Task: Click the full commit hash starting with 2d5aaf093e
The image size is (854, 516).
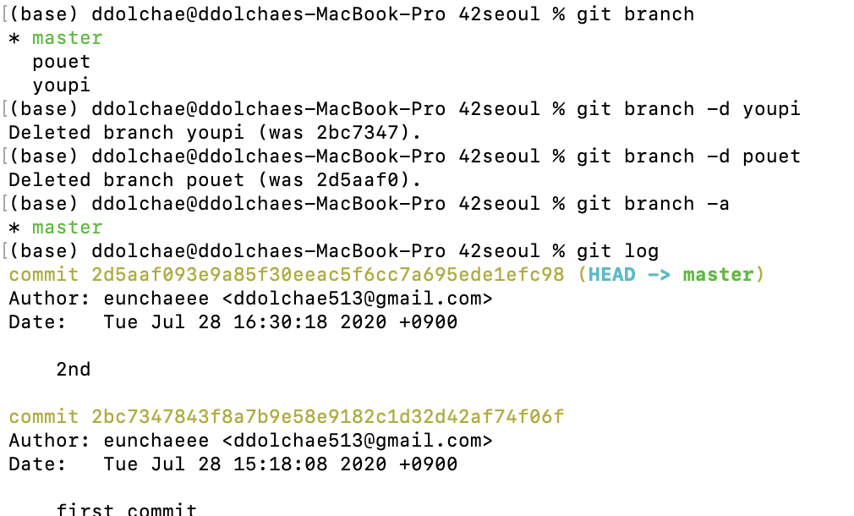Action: (x=327, y=275)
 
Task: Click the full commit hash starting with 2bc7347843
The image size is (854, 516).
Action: (x=327, y=417)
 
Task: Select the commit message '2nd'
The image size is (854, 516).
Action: (x=73, y=370)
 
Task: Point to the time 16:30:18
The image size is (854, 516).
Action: (x=292, y=322)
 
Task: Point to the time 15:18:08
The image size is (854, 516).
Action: (x=292, y=464)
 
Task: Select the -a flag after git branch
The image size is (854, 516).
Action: (x=718, y=204)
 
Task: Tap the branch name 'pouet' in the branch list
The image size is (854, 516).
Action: (x=61, y=62)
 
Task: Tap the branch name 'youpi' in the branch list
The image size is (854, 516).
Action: (x=61, y=85)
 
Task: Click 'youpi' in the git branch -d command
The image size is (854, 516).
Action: (x=771, y=109)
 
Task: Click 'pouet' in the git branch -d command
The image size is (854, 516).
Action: (x=771, y=156)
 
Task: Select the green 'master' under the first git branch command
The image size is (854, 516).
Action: (x=67, y=38)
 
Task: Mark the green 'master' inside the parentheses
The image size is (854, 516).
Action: (x=718, y=275)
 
